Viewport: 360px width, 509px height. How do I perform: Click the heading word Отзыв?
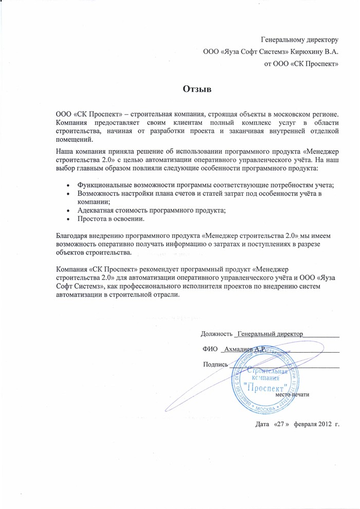pyautogui.click(x=197, y=88)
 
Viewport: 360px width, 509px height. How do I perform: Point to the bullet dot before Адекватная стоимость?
pyautogui.click(x=69, y=211)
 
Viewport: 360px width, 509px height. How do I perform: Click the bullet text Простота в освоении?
pyautogui.click(x=111, y=219)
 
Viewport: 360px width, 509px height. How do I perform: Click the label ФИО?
pyautogui.click(x=211, y=349)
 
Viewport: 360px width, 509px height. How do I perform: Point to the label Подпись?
pyautogui.click(x=215, y=364)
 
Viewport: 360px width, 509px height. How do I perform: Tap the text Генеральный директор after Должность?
pyautogui.click(x=271, y=334)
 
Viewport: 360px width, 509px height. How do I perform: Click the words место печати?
pyautogui.click(x=292, y=394)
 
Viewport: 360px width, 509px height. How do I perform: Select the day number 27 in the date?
pyautogui.click(x=279, y=424)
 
